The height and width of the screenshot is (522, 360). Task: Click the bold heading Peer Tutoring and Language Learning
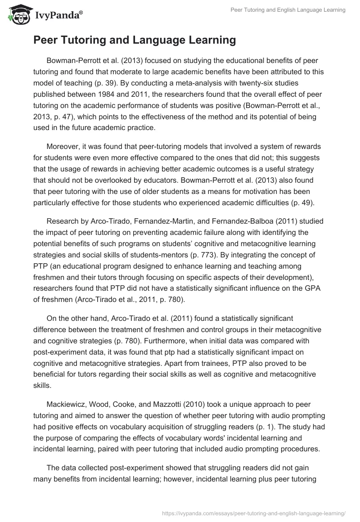click(x=135, y=40)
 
